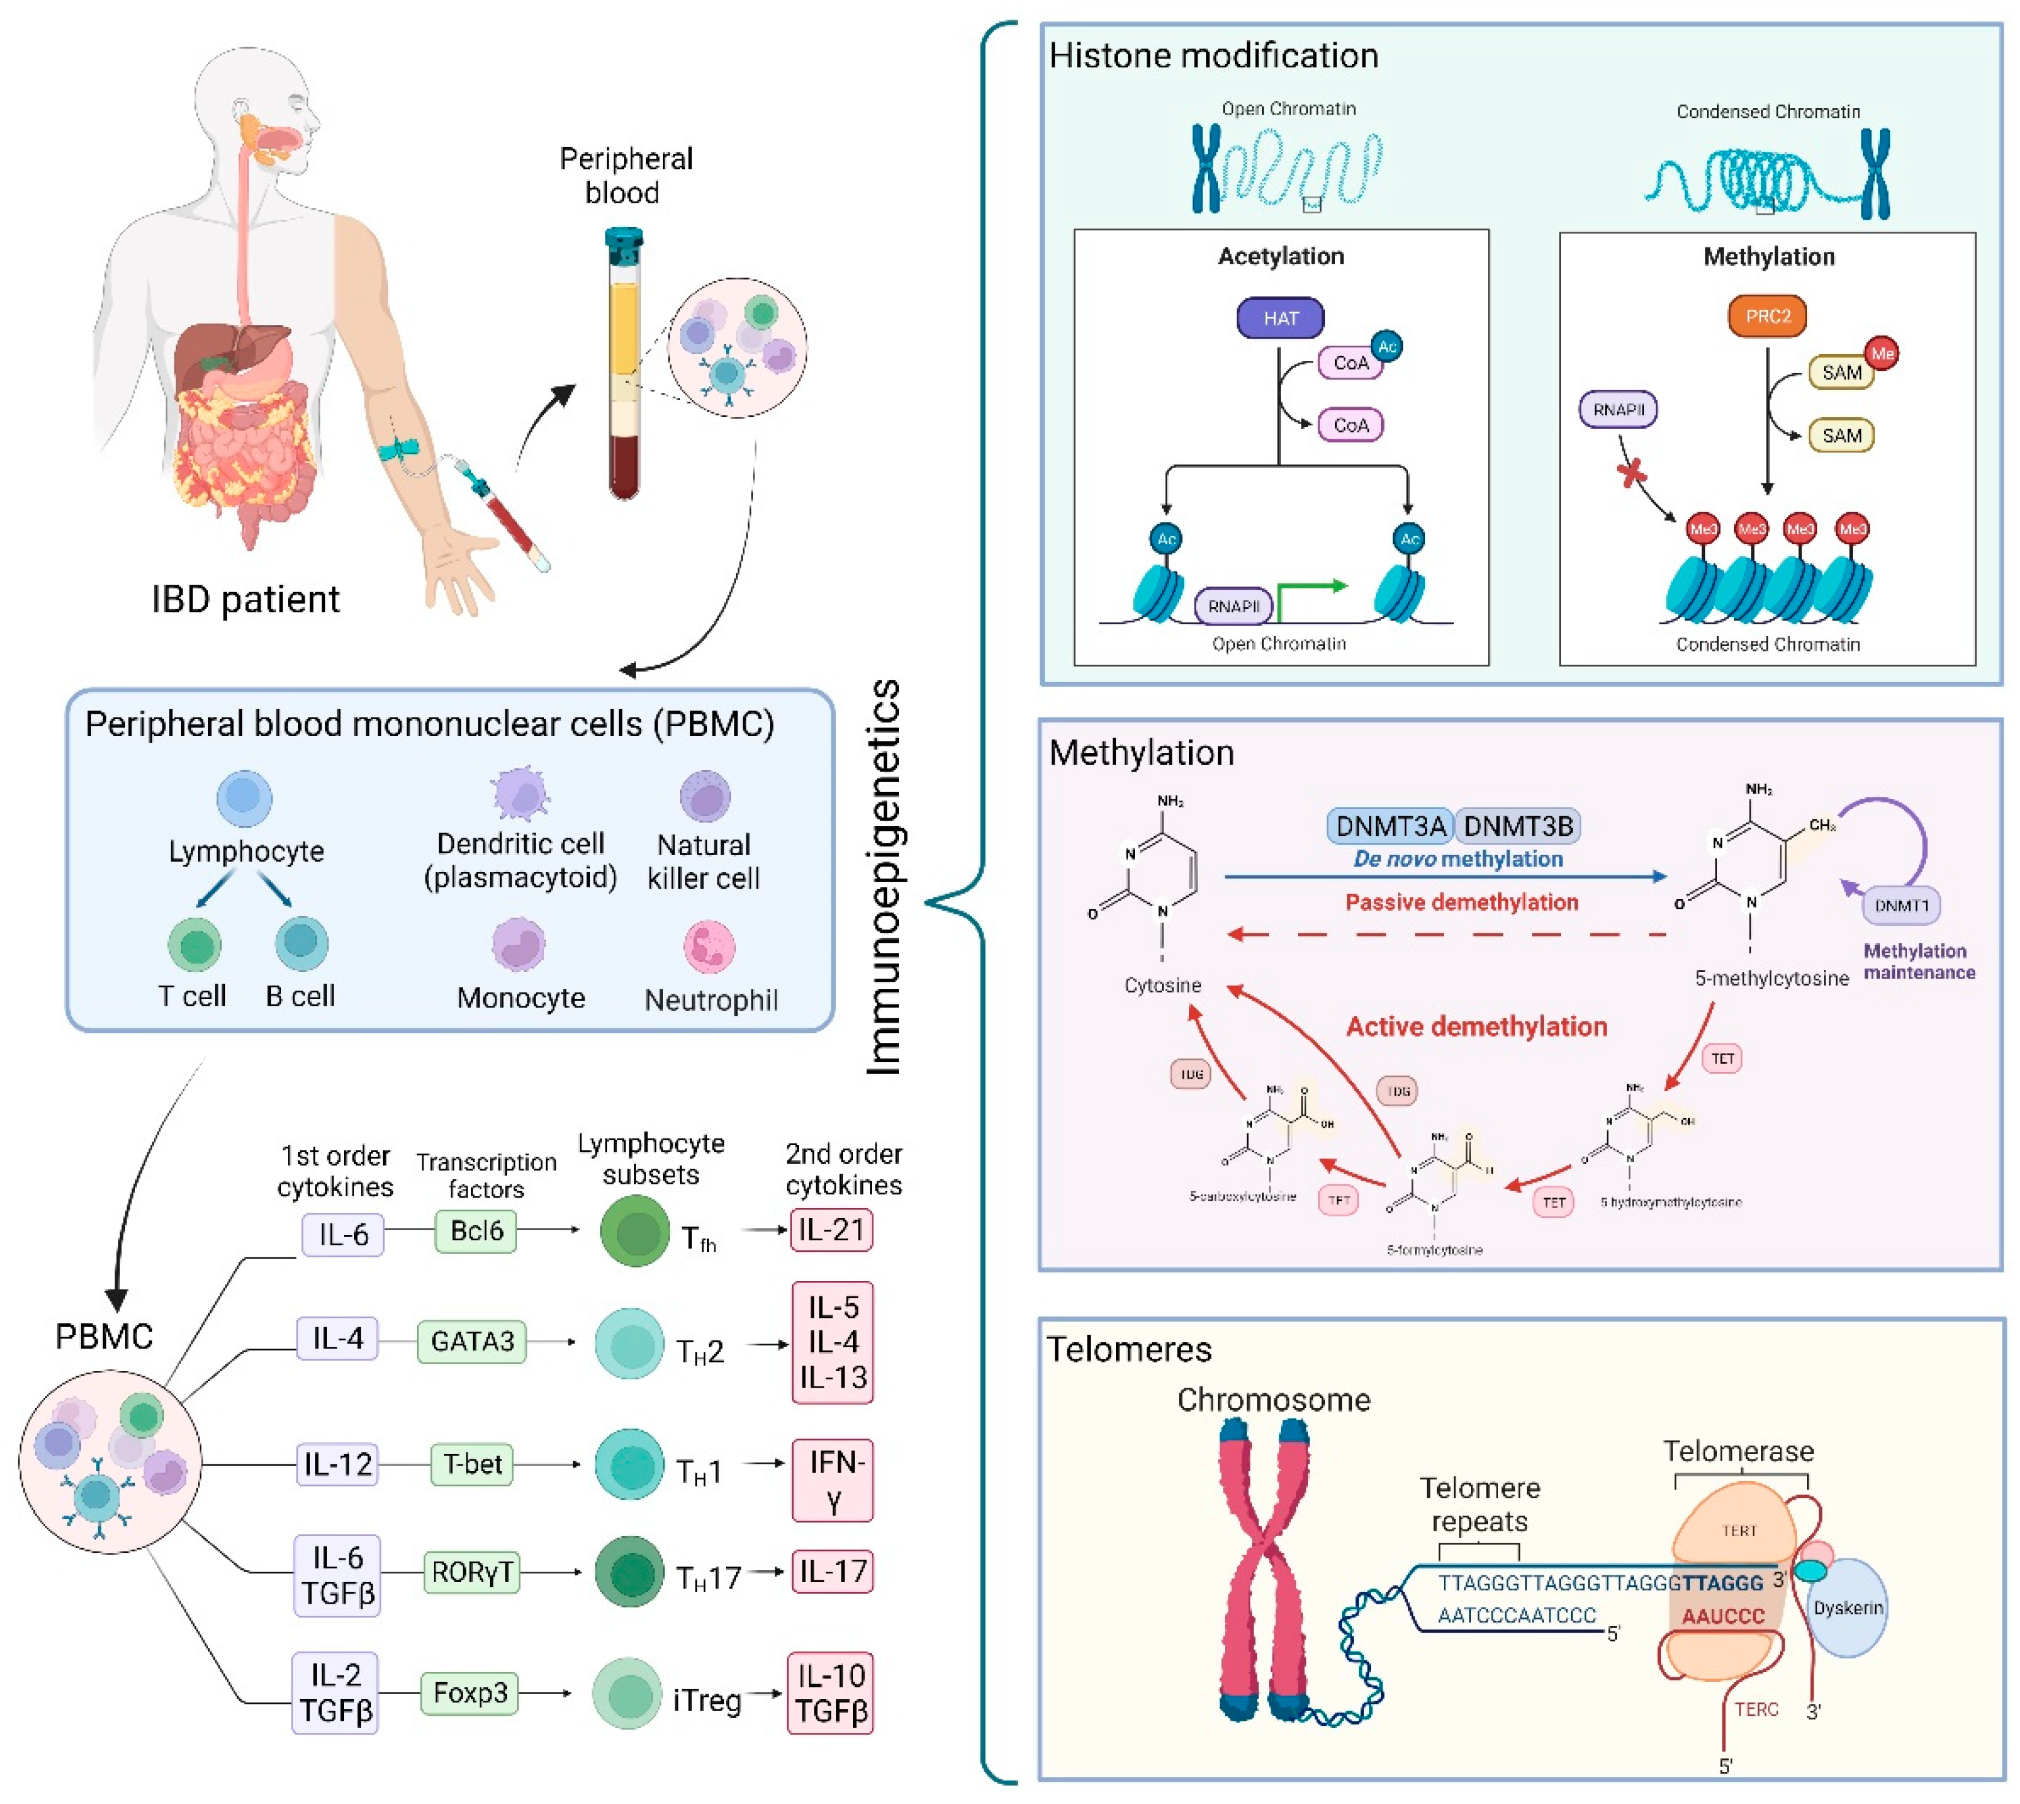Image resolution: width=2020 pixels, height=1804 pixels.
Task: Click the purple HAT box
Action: tap(1280, 318)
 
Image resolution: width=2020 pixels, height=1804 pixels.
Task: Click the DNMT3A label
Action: tap(1389, 825)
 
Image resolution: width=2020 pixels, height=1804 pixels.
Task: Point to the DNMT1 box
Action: tap(1901, 905)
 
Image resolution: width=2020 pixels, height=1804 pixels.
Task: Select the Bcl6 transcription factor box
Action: tap(477, 1230)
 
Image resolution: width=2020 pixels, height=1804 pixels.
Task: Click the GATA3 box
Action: tap(472, 1341)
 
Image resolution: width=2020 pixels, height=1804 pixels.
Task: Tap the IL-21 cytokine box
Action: tap(831, 1230)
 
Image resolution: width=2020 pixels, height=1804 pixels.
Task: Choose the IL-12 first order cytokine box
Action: tap(338, 1464)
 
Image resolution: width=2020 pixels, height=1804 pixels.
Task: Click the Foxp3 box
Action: tap(470, 1692)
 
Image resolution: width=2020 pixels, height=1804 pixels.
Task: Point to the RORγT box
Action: tap(472, 1571)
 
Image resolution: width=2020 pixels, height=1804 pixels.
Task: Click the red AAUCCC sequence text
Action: tap(1723, 1617)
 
